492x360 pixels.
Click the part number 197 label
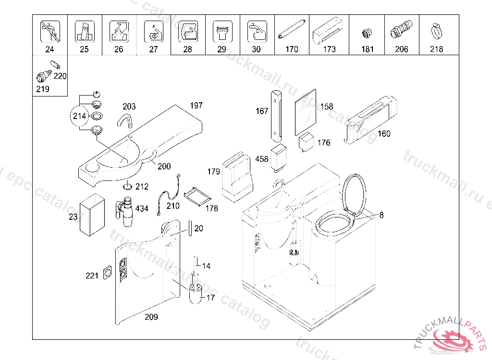196,106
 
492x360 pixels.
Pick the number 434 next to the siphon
142,208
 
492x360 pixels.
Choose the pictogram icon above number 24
49,31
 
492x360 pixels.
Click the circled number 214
79,116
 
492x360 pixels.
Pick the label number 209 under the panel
150,317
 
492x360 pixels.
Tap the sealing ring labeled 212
128,186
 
